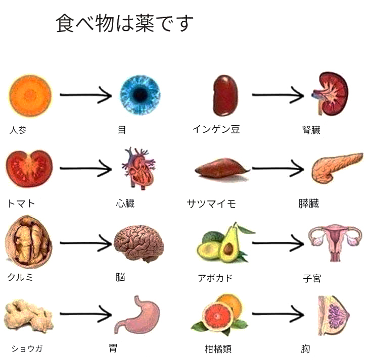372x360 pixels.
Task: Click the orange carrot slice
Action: [x=30, y=95]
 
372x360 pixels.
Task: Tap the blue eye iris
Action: [x=139, y=94]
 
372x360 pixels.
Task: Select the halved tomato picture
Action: [x=30, y=168]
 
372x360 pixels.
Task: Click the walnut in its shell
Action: [x=29, y=242]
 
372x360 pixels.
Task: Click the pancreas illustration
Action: [x=336, y=167]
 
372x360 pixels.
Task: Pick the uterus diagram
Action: [x=335, y=242]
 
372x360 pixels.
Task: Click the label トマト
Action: [x=21, y=203]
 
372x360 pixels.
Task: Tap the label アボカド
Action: [x=215, y=278]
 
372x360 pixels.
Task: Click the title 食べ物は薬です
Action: [x=124, y=23]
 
